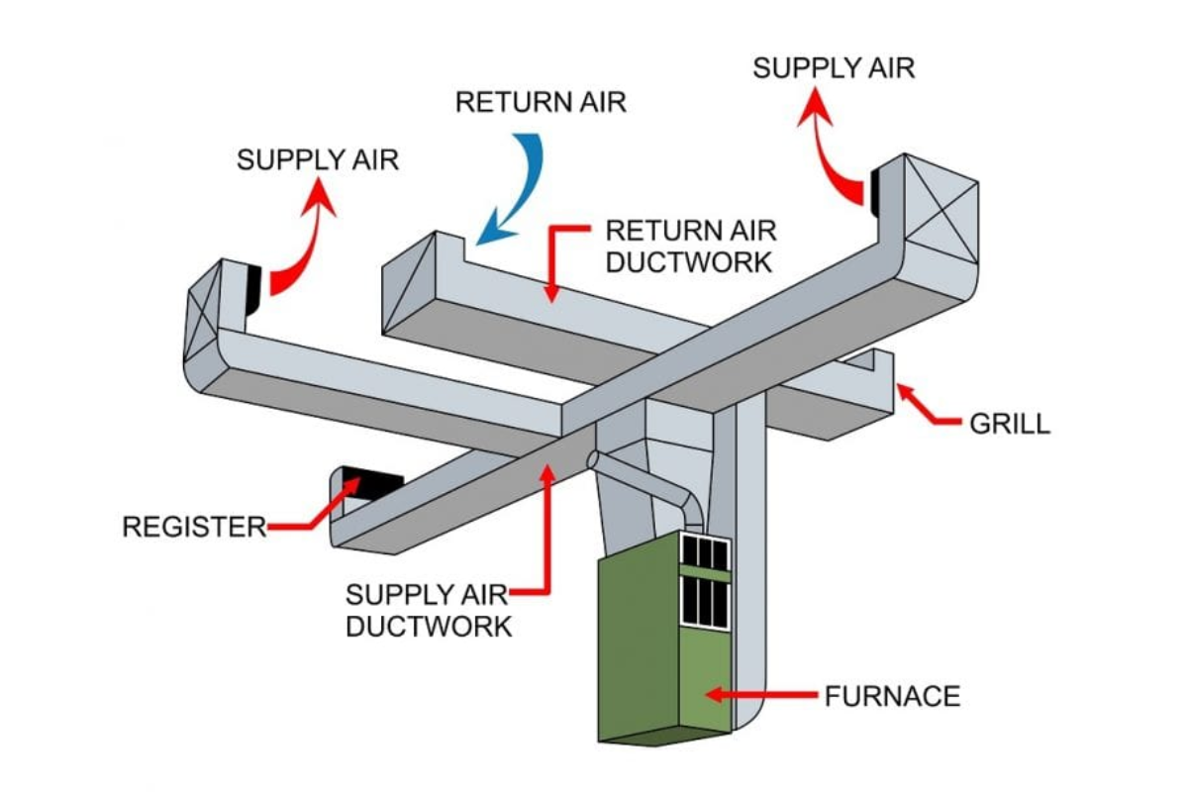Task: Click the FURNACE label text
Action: [x=892, y=696]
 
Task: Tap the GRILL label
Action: [x=1009, y=424]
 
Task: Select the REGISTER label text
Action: [x=194, y=527]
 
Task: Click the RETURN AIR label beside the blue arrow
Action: [x=541, y=102]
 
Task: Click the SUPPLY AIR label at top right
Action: [x=834, y=68]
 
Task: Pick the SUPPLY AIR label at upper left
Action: [x=318, y=160]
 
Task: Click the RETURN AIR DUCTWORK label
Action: [x=690, y=247]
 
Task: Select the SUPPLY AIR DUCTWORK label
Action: [x=428, y=611]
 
